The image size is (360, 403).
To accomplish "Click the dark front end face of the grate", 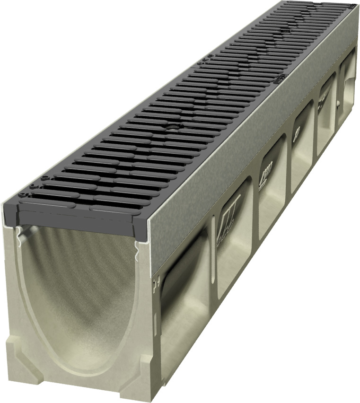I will coord(80,215).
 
